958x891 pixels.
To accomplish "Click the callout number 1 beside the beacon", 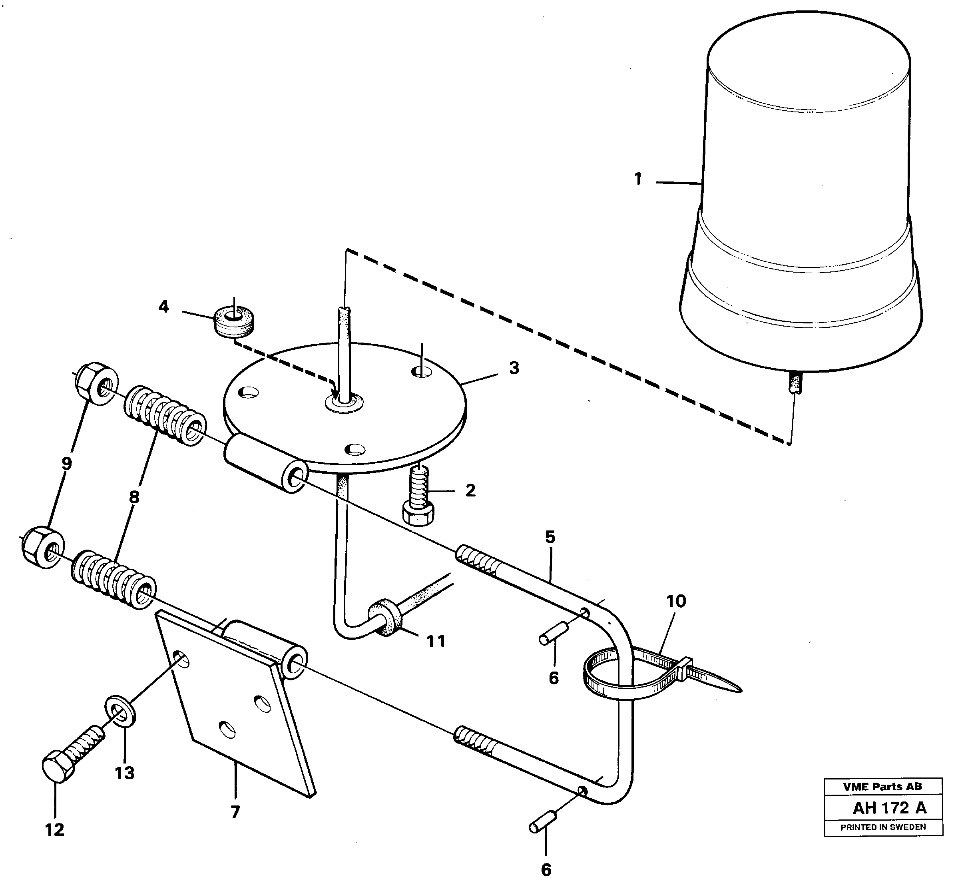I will [x=637, y=179].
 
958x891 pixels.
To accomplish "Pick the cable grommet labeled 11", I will [x=384, y=618].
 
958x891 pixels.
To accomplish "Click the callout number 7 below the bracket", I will [x=235, y=813].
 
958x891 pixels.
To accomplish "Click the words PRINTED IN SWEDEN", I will [x=883, y=827].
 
